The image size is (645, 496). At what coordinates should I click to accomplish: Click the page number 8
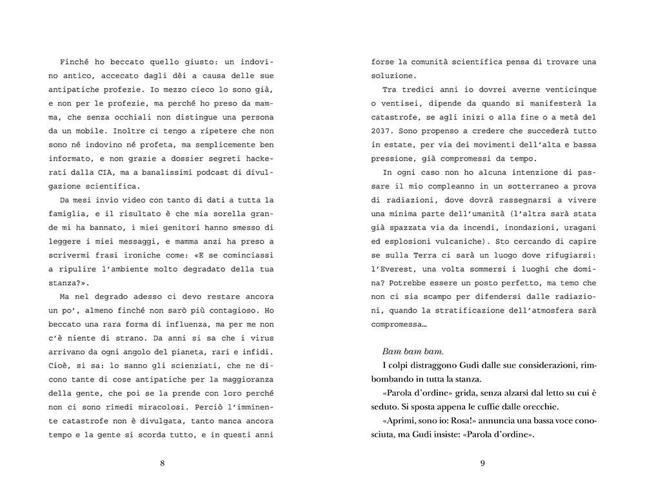click(x=162, y=463)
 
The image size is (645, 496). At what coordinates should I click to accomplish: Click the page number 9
click(x=482, y=463)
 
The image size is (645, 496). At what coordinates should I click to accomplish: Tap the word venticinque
click(x=565, y=89)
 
